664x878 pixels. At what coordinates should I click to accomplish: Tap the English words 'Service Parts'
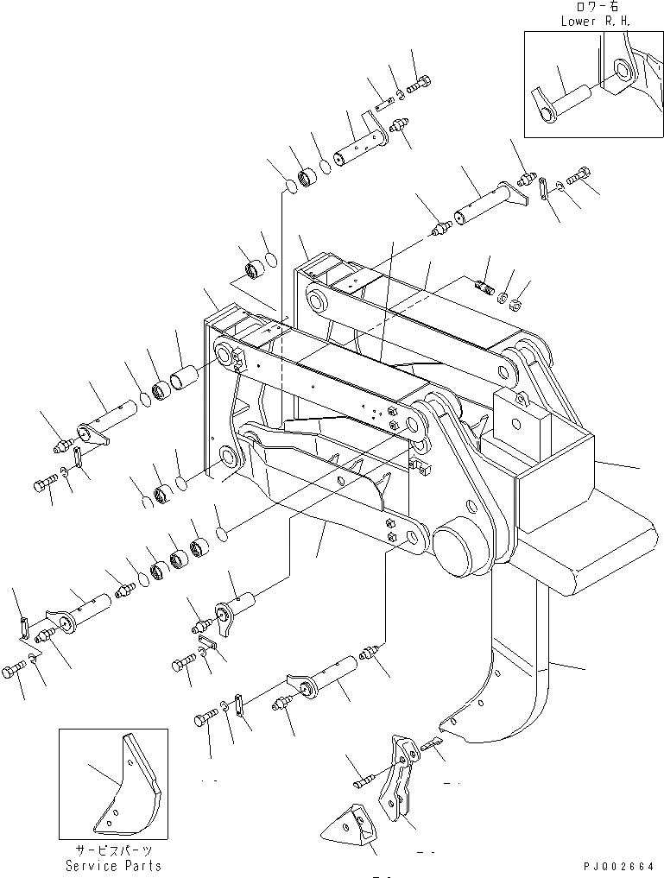[113, 865]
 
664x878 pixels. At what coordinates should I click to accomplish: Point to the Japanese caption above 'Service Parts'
[113, 850]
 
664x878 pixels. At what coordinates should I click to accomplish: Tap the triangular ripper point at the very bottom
[351, 828]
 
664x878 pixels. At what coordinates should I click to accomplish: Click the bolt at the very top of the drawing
[422, 84]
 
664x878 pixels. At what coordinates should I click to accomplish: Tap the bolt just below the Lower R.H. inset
[578, 179]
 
